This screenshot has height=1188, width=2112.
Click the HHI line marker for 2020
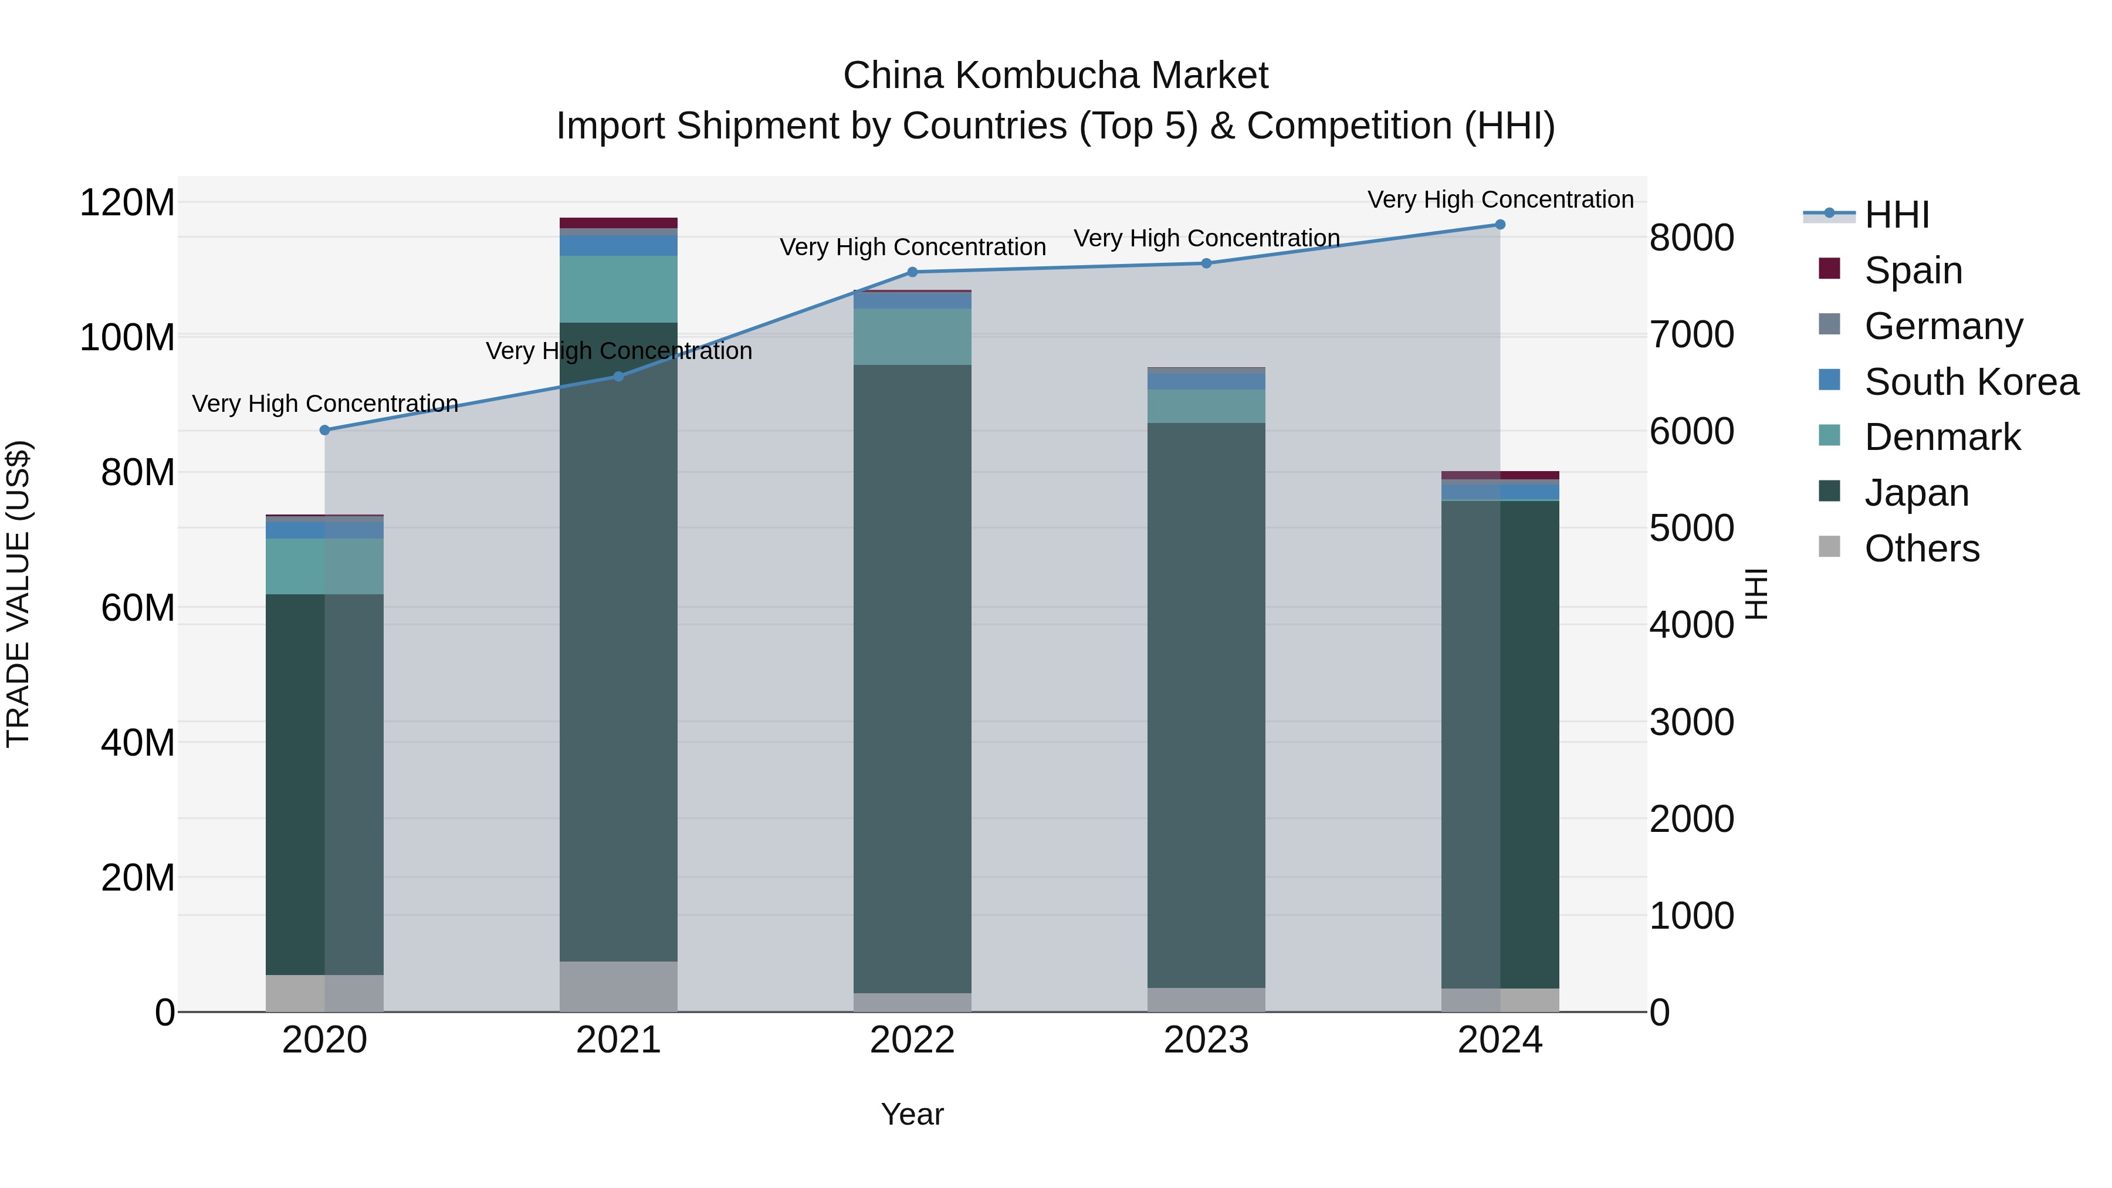pos(324,429)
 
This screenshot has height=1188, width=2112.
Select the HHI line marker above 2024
pos(1500,224)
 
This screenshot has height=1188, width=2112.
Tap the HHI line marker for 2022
pos(912,272)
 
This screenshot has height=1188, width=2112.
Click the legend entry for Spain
pos(1913,270)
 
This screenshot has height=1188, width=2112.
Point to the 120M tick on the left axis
pos(127,202)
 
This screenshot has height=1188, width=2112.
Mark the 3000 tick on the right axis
pos(1691,722)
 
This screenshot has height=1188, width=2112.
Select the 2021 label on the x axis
pos(618,1040)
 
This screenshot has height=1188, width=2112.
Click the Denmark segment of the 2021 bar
pos(618,289)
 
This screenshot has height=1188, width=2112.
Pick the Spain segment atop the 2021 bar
pos(618,222)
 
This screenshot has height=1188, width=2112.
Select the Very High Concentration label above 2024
pos(1500,199)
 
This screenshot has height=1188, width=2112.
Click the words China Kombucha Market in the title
pos(1055,76)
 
